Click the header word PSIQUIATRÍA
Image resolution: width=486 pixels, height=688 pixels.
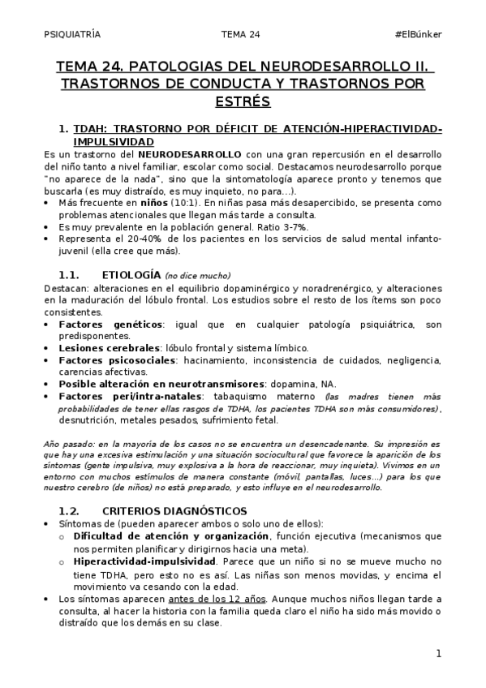[x=72, y=33]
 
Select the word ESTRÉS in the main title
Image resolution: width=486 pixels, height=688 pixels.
[x=243, y=101]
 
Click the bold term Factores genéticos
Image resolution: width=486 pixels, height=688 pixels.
[x=109, y=325]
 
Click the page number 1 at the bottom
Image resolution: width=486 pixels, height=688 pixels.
[x=438, y=653]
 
